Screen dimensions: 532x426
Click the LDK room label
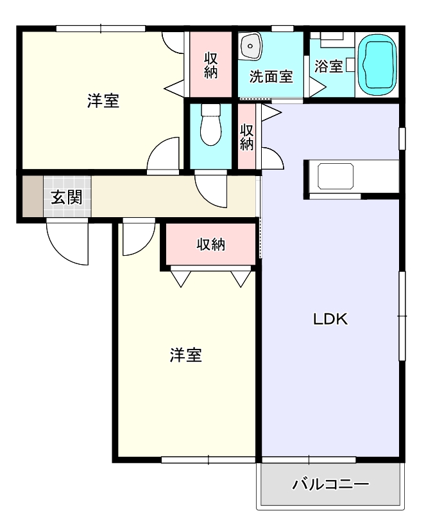(330, 319)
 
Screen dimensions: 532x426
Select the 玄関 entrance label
(66, 197)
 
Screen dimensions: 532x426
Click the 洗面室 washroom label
(271, 76)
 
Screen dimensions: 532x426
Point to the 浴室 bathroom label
(328, 66)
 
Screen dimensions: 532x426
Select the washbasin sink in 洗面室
(250, 46)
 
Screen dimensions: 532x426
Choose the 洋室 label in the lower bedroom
(186, 355)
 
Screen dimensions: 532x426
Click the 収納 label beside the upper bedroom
(211, 64)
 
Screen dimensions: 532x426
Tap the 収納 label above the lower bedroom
(210, 244)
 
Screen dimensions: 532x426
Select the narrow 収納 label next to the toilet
(246, 136)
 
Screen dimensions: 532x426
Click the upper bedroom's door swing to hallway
(164, 155)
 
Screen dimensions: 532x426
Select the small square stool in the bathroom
(350, 64)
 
